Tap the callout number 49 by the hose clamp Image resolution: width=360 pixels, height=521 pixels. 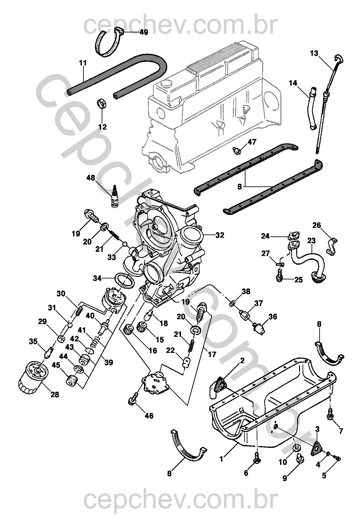click(143, 32)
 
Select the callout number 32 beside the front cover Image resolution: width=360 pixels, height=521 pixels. click(219, 235)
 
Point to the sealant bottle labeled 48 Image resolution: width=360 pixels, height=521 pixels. click(113, 197)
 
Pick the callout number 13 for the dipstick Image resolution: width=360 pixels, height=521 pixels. click(314, 53)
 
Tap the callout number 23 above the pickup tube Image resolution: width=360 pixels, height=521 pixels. click(311, 240)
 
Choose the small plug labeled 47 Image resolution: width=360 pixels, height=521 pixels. click(237, 149)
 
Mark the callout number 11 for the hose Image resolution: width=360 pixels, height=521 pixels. click(83, 63)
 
